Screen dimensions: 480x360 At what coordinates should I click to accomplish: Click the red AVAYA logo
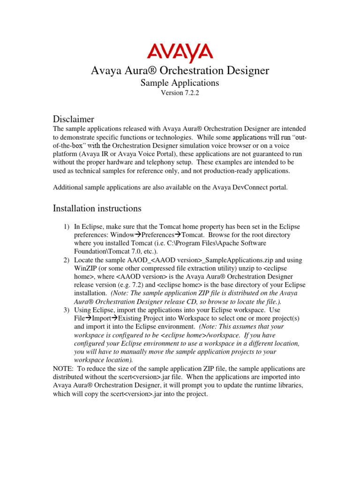click(x=180, y=53)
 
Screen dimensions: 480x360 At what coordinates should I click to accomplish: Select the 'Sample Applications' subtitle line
click(x=180, y=83)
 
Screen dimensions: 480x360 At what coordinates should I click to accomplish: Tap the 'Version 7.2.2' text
click(x=180, y=93)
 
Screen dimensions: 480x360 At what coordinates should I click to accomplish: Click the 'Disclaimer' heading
click(x=74, y=119)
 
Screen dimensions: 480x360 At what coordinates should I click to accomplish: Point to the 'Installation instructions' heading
click(x=97, y=208)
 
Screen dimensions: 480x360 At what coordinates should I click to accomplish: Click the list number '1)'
click(x=67, y=227)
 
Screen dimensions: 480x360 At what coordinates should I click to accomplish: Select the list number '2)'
click(x=67, y=260)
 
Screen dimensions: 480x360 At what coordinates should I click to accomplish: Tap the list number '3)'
click(x=67, y=310)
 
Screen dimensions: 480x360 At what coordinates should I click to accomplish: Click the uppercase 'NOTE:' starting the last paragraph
click(x=63, y=368)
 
